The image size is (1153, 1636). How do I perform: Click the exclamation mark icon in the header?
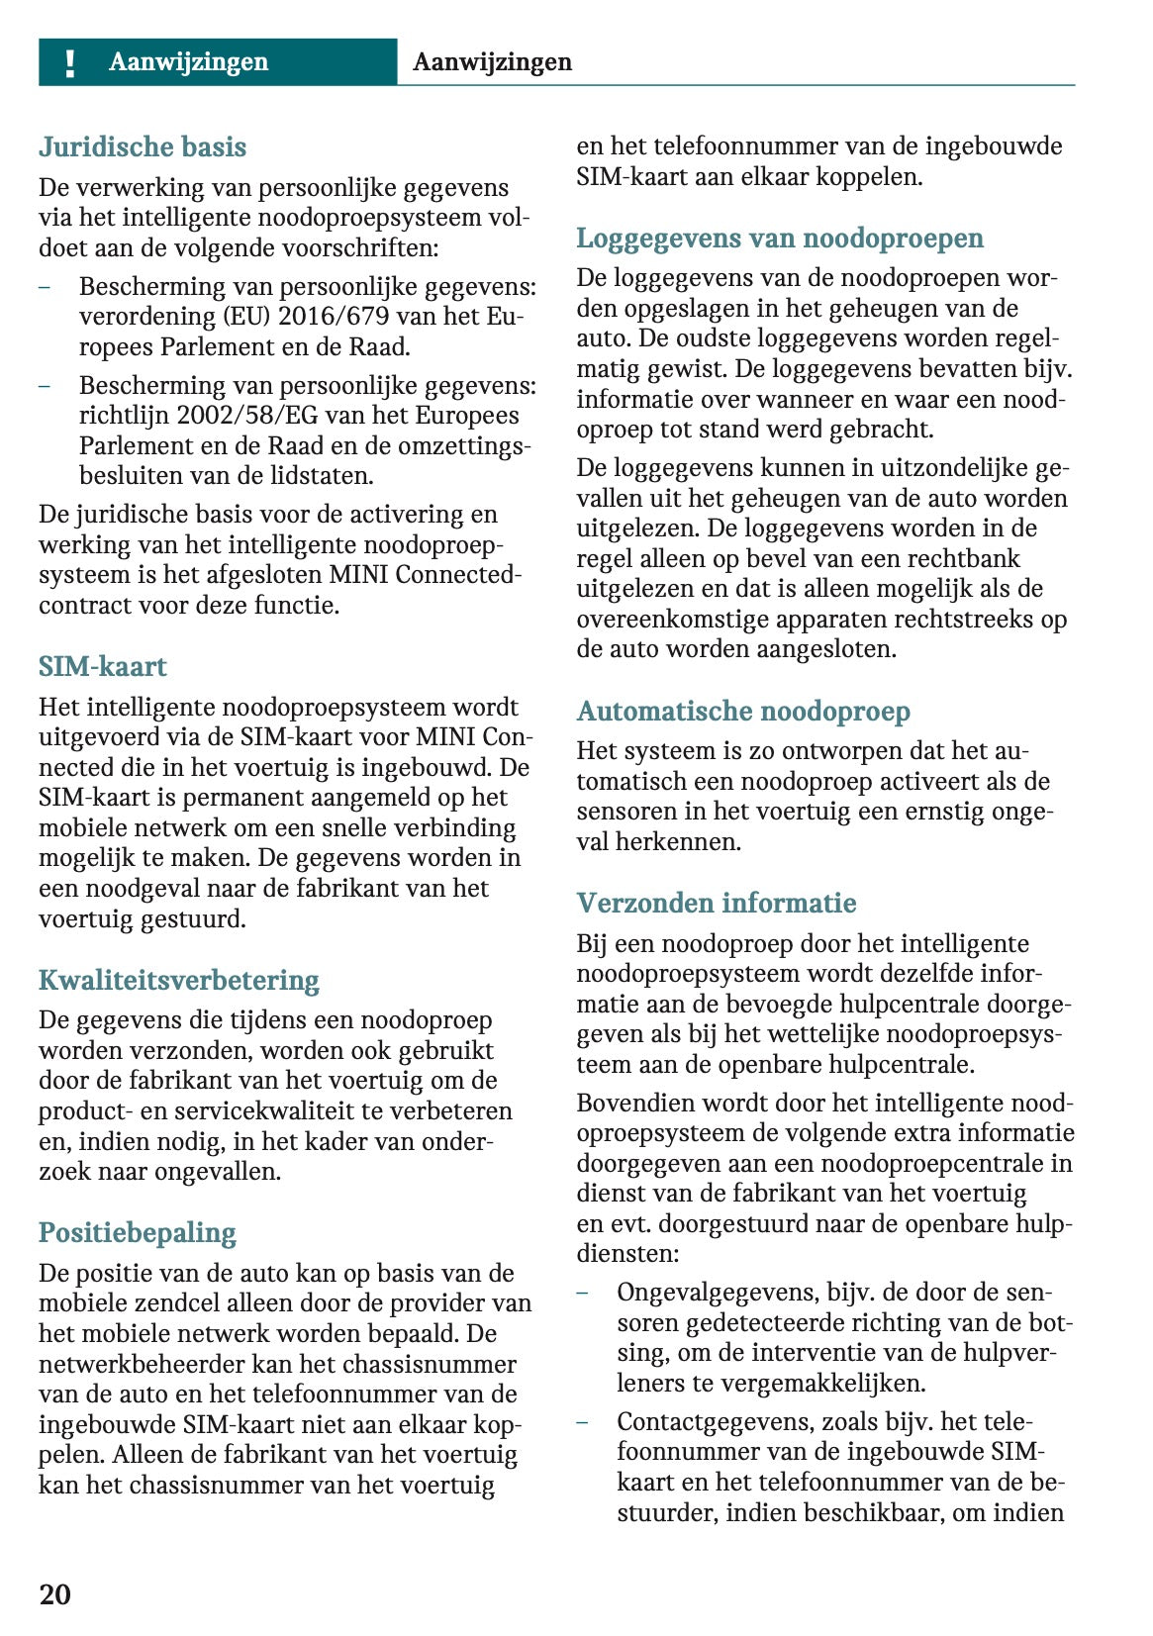tap(69, 63)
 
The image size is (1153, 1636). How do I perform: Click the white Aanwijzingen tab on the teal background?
tap(188, 62)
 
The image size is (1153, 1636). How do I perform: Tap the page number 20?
tap(55, 1593)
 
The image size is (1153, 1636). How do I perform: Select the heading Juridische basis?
tap(143, 147)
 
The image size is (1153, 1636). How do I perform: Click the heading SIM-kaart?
tap(103, 667)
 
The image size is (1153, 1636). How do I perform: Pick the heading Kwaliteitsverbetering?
tap(179, 981)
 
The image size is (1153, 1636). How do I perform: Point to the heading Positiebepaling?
tap(138, 1233)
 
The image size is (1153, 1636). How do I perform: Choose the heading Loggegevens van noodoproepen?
tap(780, 239)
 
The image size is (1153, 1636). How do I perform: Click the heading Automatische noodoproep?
tap(743, 712)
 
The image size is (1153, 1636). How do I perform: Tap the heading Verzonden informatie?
tap(717, 904)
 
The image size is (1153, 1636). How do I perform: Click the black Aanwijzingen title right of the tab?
tap(492, 62)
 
